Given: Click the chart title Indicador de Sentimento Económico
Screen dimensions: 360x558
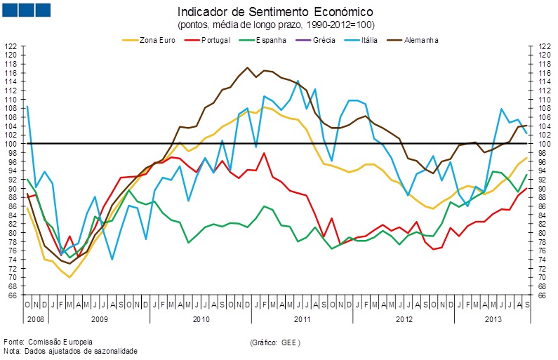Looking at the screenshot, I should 275,12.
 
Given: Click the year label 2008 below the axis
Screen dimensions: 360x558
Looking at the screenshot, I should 35,319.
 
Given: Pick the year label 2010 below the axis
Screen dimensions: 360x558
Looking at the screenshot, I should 201,319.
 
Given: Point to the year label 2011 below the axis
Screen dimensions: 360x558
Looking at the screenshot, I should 303,319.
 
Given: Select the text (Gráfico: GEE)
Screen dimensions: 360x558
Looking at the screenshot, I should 275,342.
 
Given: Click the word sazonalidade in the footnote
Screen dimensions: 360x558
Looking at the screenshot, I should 114,351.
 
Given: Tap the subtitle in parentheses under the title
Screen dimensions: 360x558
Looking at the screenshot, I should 276,25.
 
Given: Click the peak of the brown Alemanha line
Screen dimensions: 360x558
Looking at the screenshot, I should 248,67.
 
